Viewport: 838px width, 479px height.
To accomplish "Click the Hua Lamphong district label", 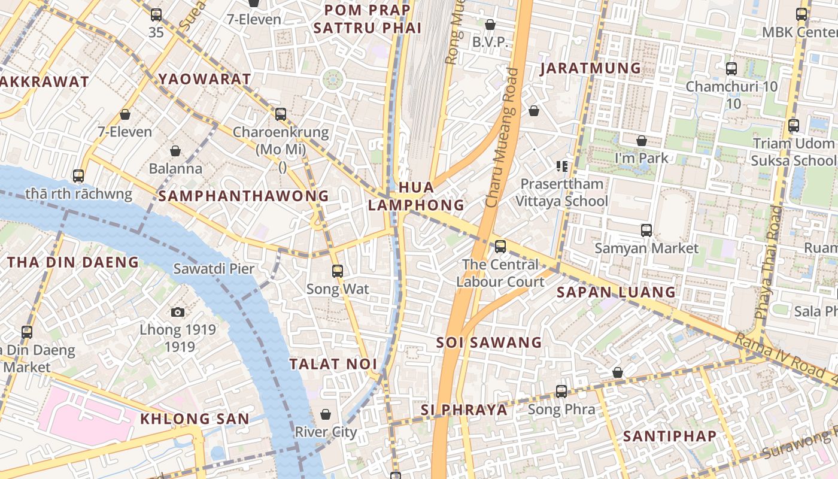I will [x=416, y=196].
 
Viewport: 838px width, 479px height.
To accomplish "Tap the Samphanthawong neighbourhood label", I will [x=244, y=196].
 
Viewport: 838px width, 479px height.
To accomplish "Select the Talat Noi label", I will [x=333, y=364].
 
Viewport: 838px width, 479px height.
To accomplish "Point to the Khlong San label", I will [x=195, y=419].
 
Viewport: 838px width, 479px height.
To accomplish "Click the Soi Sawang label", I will [x=489, y=342].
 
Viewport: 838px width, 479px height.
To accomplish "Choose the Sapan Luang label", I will [x=616, y=292].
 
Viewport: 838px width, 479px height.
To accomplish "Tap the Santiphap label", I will [x=670, y=436].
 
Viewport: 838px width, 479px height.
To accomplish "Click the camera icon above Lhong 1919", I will [x=178, y=312].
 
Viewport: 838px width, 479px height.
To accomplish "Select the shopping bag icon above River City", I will [x=326, y=414].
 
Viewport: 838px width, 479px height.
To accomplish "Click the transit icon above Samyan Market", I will [x=646, y=231].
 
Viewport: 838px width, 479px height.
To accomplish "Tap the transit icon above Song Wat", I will [x=338, y=271].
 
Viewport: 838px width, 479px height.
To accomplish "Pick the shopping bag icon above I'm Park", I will [x=642, y=141].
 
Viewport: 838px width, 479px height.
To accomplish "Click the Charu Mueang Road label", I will [x=502, y=138].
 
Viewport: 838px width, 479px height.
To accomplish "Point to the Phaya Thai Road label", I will [x=769, y=262].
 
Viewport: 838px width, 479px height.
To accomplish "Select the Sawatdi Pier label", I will [x=214, y=269].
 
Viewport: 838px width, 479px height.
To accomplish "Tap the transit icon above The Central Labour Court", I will [x=500, y=246].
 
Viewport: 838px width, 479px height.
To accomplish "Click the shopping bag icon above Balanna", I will [x=175, y=151].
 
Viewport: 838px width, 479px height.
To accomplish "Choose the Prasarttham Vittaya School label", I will [x=563, y=192].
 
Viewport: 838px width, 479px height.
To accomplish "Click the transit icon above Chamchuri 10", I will [x=731, y=69].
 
